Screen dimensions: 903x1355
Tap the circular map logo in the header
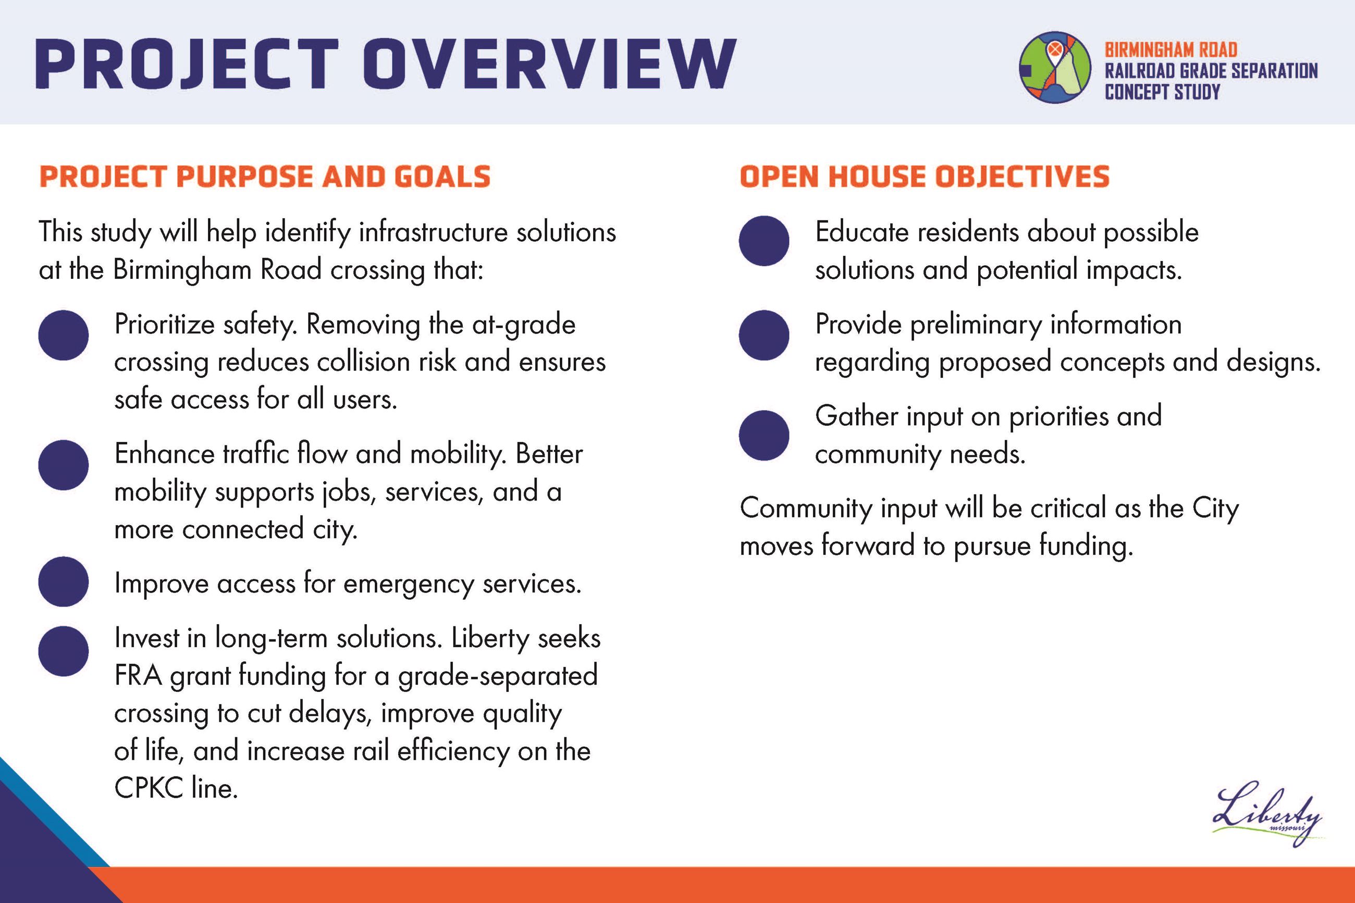pos(1054,67)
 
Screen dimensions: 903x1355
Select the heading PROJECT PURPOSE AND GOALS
pos(264,177)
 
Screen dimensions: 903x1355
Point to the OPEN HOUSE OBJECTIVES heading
pos(923,177)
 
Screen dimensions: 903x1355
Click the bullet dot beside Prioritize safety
pos(64,335)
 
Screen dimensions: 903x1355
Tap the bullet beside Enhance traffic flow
pos(64,465)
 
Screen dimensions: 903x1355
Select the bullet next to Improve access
pos(64,581)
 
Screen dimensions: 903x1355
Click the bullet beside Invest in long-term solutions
pos(64,651)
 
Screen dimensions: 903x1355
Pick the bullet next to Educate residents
pos(763,241)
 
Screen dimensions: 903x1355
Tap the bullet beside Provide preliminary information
pos(763,335)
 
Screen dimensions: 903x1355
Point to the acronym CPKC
pos(149,788)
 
